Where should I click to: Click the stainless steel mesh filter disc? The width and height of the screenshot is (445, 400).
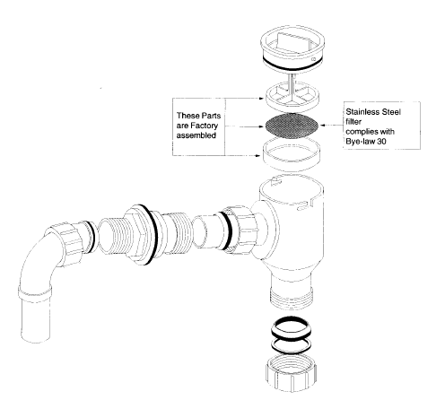(291, 126)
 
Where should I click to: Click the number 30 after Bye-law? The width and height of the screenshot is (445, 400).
(381, 141)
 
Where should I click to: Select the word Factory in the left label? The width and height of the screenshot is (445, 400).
(205, 126)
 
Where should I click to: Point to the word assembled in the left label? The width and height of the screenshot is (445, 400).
(196, 135)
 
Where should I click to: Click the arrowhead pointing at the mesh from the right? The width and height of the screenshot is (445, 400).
(323, 126)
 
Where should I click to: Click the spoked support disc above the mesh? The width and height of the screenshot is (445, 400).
(292, 96)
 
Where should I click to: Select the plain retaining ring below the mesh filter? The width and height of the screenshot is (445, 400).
(292, 154)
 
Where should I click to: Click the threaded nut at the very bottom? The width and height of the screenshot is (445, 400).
(291, 373)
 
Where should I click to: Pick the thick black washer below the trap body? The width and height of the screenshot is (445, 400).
(291, 328)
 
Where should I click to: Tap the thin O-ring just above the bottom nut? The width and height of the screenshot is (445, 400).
(291, 345)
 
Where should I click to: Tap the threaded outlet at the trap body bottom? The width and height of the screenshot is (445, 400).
(292, 297)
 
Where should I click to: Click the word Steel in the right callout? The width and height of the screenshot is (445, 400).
(389, 112)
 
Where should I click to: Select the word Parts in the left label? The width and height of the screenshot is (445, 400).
(211, 116)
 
